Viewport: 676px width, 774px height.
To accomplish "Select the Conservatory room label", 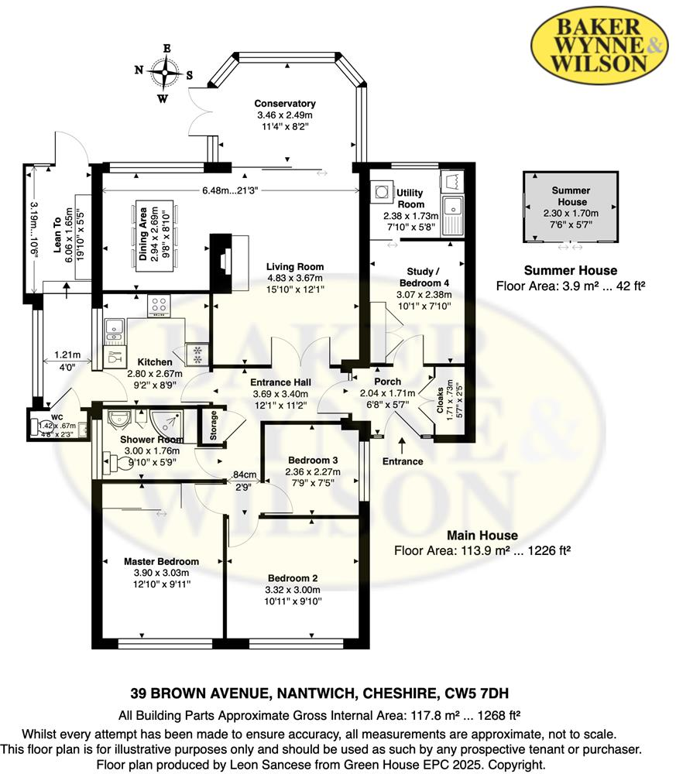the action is click(x=285, y=104).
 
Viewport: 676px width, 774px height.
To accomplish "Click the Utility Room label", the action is click(x=410, y=198).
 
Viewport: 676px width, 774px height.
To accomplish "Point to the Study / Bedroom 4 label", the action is click(x=424, y=277).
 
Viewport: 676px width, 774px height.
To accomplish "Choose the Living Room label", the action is click(x=295, y=267).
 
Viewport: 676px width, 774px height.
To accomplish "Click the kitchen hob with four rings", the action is click(x=159, y=306).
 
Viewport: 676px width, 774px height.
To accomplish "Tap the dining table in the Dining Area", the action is click(x=155, y=236).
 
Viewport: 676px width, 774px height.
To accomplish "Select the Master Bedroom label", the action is click(x=162, y=561).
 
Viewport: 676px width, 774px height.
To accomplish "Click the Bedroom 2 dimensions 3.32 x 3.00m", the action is click(x=293, y=590).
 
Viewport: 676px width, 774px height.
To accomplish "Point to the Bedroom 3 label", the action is click(x=313, y=460).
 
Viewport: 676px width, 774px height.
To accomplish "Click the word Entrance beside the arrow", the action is click(x=403, y=461).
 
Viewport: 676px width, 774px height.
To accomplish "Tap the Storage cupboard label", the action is click(x=213, y=425).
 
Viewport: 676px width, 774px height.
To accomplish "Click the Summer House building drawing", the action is click(x=571, y=207).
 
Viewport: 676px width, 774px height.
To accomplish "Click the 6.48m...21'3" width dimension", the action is click(x=231, y=190).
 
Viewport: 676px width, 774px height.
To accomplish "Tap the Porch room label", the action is click(x=388, y=382).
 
